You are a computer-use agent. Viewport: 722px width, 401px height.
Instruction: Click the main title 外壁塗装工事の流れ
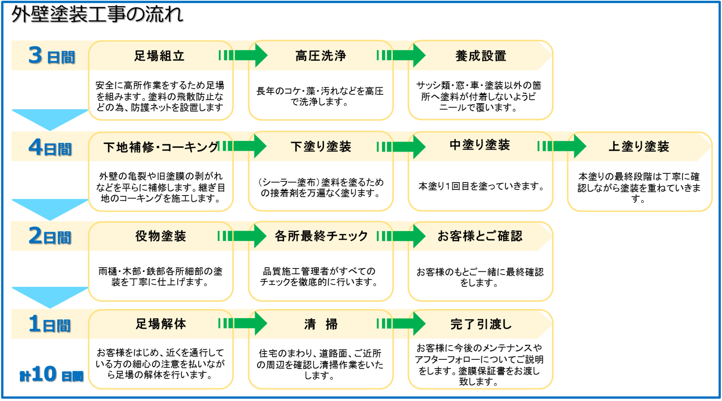coord(97,15)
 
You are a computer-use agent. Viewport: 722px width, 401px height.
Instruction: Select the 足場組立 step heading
coord(159,56)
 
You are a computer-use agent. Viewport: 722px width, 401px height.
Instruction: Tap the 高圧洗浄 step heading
coord(320,56)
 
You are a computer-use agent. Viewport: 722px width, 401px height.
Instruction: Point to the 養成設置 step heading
coord(481,56)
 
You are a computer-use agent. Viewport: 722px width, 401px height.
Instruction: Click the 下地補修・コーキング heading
coord(161,147)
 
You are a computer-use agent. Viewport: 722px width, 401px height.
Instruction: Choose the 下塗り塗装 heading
coord(321,147)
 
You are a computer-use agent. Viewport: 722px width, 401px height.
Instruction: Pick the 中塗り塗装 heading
coord(479,145)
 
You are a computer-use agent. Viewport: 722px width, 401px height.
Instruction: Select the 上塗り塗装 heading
coord(639,147)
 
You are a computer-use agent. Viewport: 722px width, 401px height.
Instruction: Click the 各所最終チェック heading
coord(322,236)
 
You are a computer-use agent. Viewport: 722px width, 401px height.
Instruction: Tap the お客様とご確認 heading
coord(480,236)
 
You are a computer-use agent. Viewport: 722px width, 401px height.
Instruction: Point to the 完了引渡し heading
coord(481,324)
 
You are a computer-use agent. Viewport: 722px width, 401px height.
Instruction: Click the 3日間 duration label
coord(51,56)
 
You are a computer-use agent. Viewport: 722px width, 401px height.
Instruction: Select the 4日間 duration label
coord(50,148)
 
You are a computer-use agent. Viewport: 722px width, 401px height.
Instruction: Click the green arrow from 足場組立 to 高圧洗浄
coord(243,56)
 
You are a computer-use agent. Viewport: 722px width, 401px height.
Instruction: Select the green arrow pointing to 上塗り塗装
coord(562,146)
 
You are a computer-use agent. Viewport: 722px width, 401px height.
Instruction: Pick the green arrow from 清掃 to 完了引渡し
coord(401,324)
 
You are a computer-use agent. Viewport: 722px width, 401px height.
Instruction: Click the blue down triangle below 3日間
coord(50,117)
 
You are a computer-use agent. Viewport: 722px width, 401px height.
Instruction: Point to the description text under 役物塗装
coord(160,276)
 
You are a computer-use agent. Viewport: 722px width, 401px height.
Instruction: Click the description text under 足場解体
coord(160,363)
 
